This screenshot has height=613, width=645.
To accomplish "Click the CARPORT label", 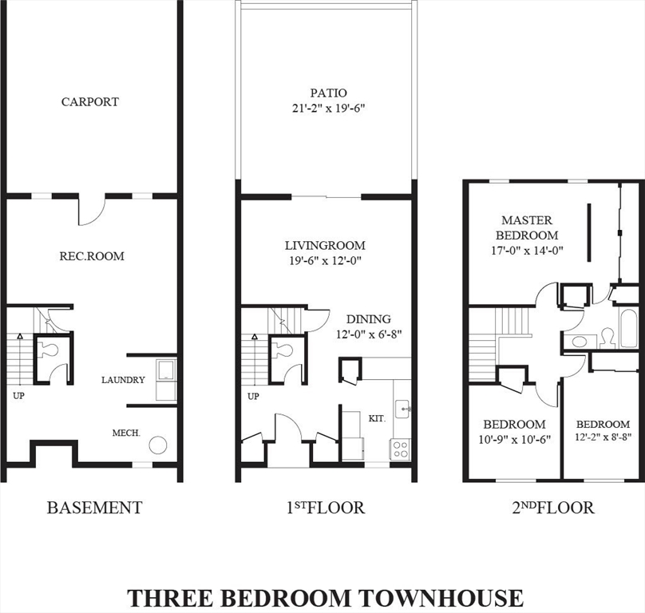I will pyautogui.click(x=90, y=102).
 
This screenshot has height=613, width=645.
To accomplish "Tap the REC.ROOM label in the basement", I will pyautogui.click(x=92, y=256).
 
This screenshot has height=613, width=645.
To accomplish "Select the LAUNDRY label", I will pyautogui.click(x=123, y=380).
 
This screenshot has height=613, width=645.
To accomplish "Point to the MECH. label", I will pyautogui.click(x=126, y=433).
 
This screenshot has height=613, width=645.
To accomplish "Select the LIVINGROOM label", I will pyautogui.click(x=326, y=246).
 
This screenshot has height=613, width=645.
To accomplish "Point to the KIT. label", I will pyautogui.click(x=377, y=417).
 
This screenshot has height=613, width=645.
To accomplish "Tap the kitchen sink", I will pyautogui.click(x=404, y=409).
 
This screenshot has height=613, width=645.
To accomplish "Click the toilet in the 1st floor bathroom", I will pyautogui.click(x=284, y=350).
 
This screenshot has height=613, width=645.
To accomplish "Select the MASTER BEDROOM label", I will pyautogui.click(x=527, y=227).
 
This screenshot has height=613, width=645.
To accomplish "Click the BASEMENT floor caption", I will pyautogui.click(x=94, y=508).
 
